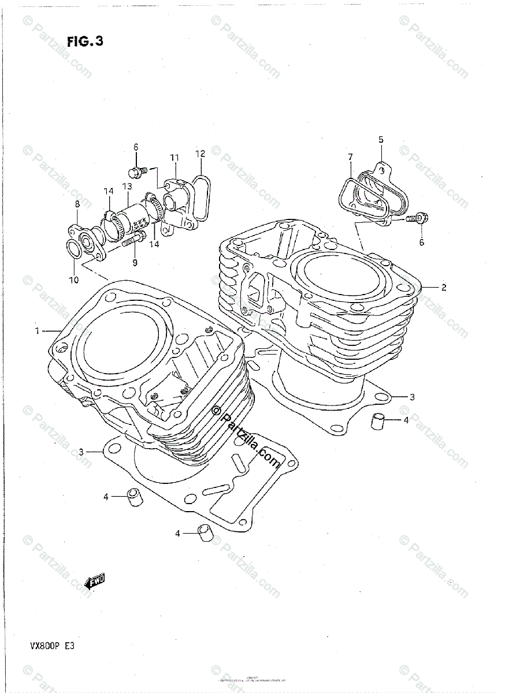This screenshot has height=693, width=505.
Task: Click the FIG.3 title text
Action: [x=85, y=42]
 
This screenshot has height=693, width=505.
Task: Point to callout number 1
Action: [x=38, y=331]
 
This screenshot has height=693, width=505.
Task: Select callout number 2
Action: [x=444, y=287]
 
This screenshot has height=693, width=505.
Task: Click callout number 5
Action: [x=381, y=139]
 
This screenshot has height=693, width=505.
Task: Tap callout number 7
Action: [x=350, y=157]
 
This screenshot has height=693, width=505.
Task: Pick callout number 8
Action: [x=77, y=203]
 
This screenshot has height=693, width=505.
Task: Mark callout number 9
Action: [x=135, y=263]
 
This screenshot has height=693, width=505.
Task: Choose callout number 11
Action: [x=174, y=158]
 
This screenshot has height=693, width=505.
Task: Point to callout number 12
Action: [x=200, y=154]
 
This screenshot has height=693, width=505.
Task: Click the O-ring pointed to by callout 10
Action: [x=75, y=249]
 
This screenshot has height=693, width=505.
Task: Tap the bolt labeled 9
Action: [x=132, y=239]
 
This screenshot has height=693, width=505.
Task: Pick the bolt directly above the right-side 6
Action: [x=416, y=218]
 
